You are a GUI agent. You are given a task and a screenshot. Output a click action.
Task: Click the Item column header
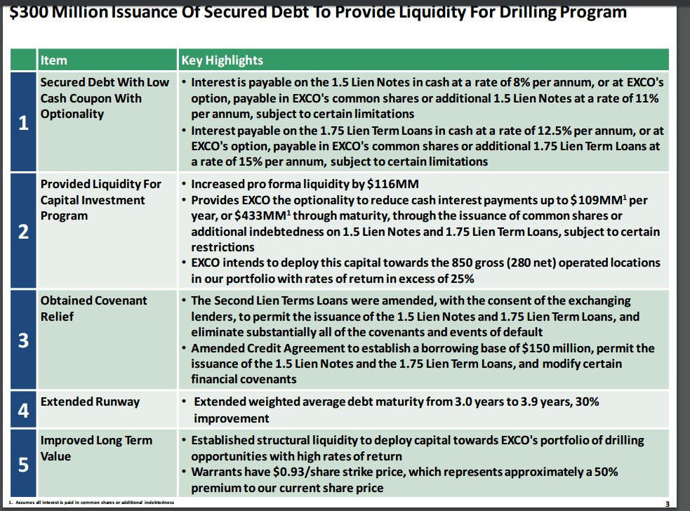click(54, 60)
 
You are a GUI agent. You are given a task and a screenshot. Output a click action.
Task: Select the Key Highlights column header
click(222, 60)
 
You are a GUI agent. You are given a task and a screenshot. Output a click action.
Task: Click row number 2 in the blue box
click(23, 232)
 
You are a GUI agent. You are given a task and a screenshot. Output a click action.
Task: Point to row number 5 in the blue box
click(23, 464)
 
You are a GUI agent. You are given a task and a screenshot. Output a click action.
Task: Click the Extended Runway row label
click(90, 401)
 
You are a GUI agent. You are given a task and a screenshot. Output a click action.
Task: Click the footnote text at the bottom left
click(91, 502)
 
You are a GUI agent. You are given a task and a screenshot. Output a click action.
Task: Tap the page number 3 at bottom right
click(667, 503)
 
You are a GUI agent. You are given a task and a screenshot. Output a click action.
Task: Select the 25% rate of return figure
click(460, 278)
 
